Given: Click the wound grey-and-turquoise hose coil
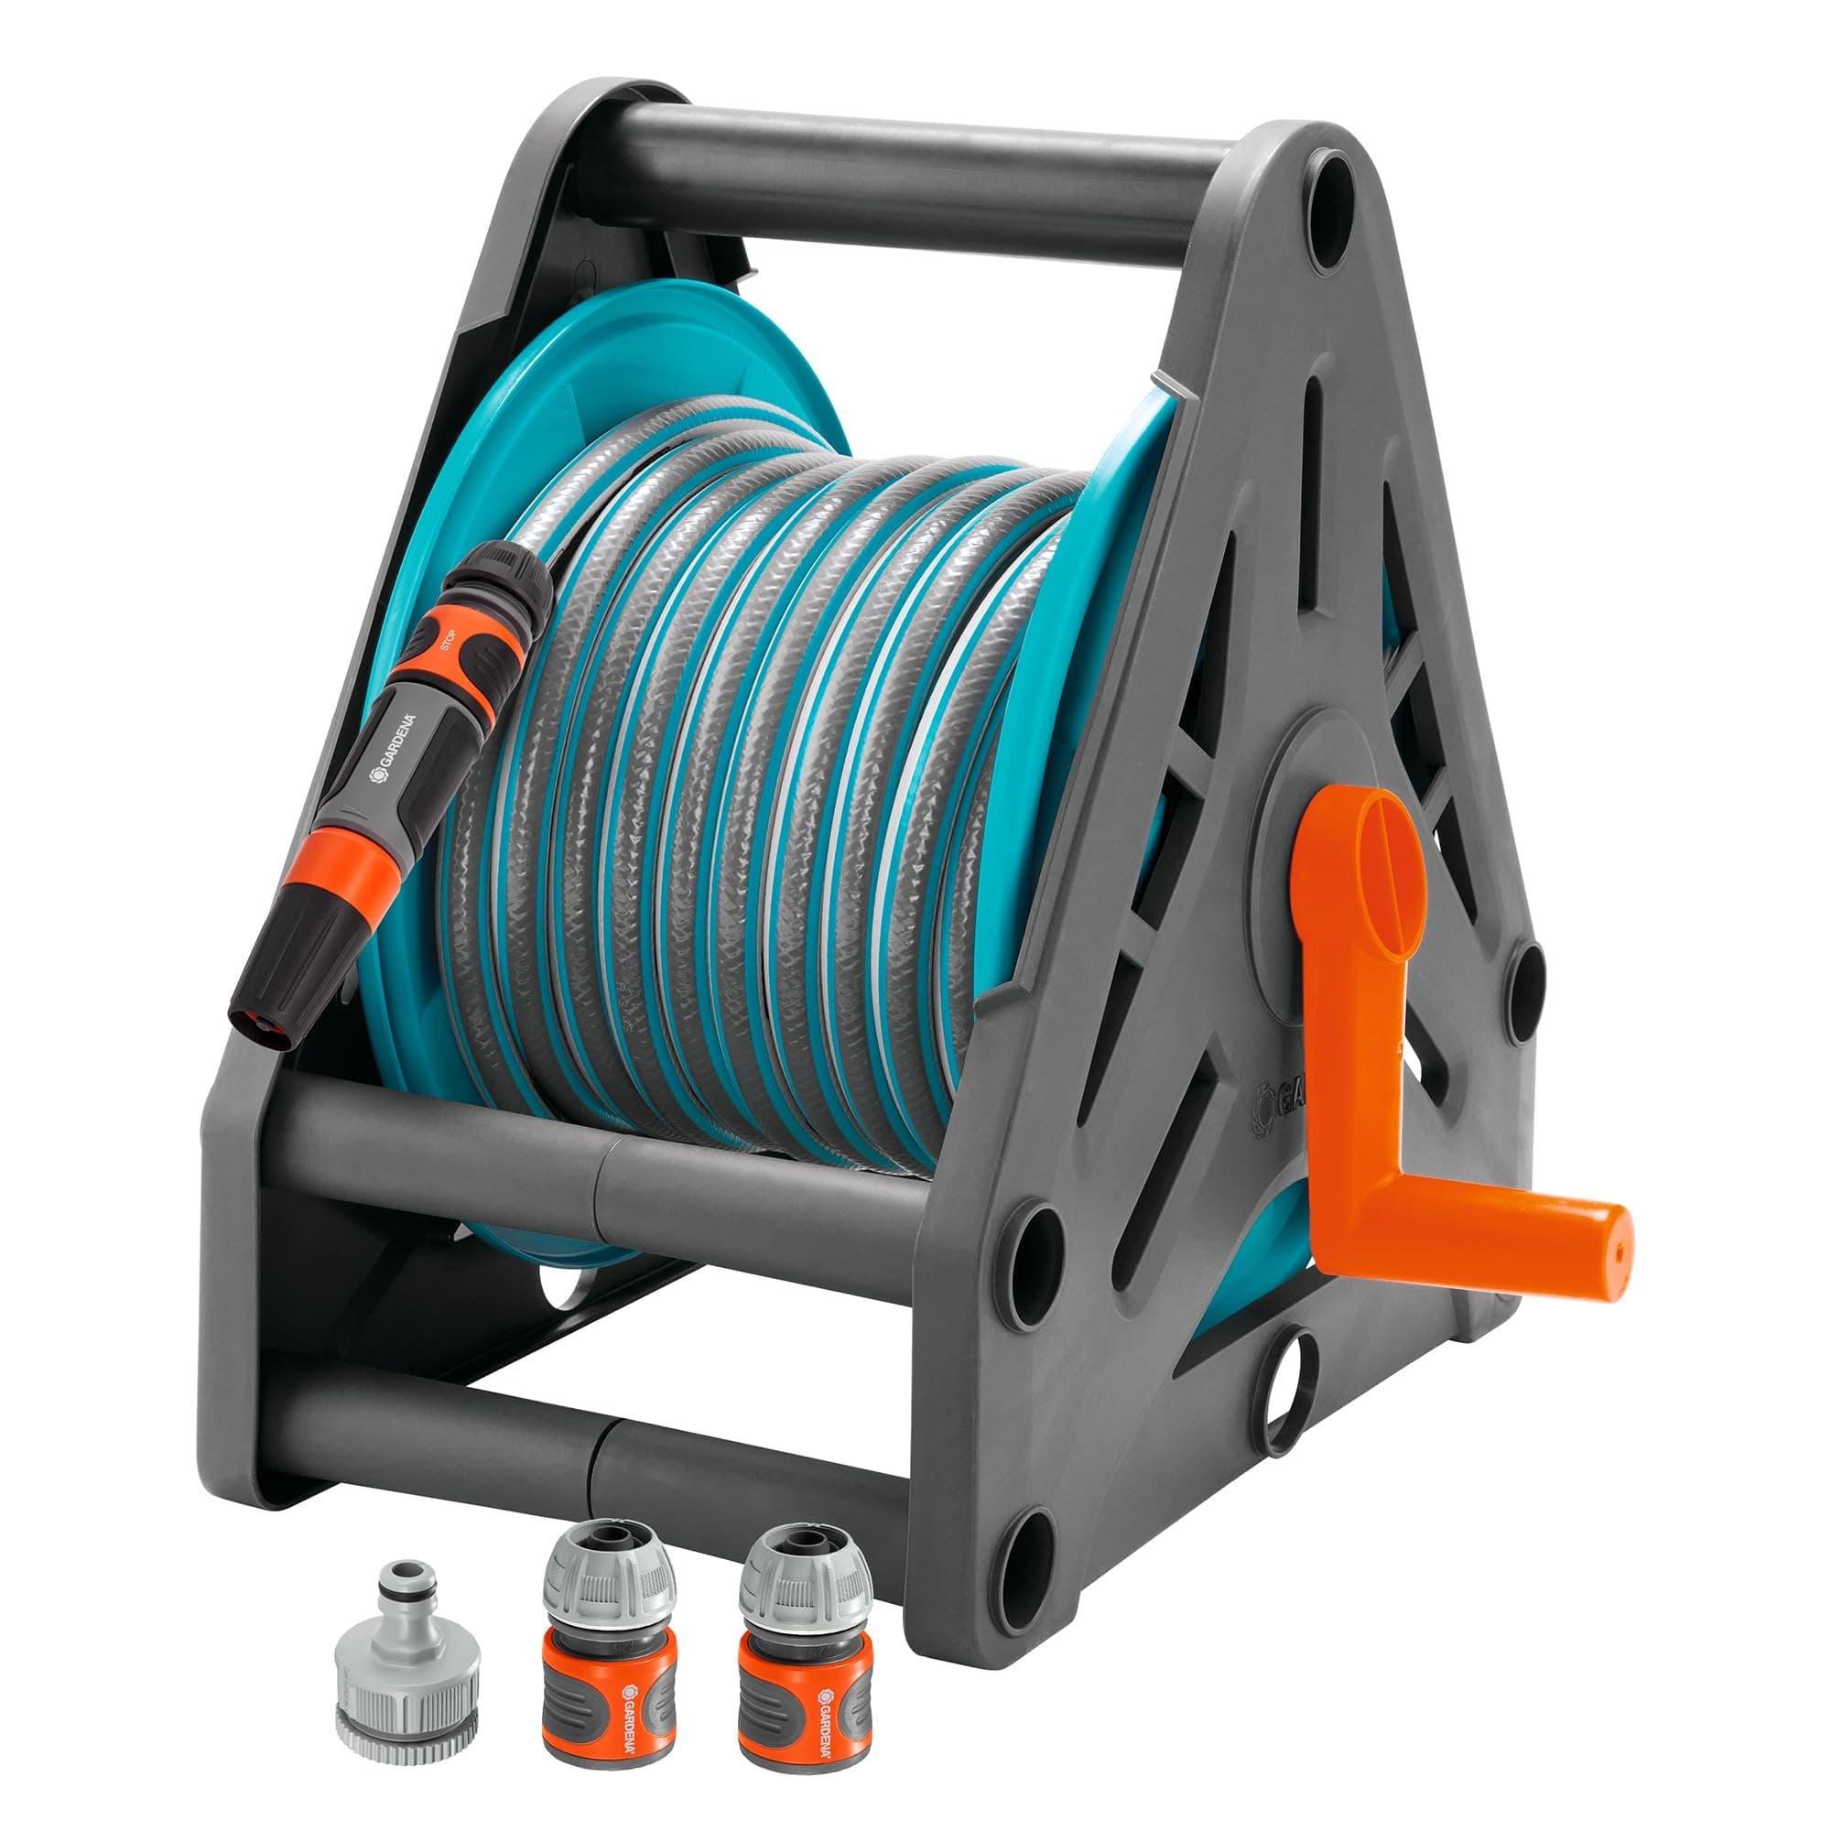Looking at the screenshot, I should click(x=758, y=777).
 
